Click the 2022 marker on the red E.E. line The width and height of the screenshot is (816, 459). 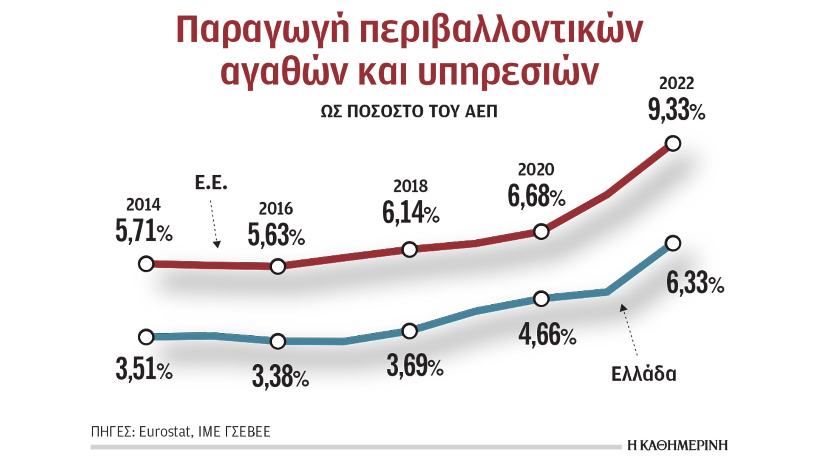click(673, 144)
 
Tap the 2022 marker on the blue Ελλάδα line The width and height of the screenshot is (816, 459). click(673, 244)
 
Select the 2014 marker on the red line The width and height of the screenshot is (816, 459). click(146, 264)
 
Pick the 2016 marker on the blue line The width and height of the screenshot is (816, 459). click(278, 341)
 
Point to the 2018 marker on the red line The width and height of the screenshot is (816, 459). click(409, 249)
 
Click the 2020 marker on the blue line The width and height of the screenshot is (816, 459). click(541, 299)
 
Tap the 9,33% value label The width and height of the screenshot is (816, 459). click(676, 110)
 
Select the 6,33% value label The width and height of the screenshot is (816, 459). click(695, 283)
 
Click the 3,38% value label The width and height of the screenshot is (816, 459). click(280, 377)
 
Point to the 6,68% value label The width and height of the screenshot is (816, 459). click(536, 196)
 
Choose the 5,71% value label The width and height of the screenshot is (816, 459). click(144, 231)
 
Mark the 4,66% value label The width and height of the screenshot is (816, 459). click(547, 335)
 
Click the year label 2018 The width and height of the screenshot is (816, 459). click(410, 186)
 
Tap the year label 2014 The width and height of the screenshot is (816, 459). click(143, 205)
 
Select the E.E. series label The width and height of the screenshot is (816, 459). click(211, 183)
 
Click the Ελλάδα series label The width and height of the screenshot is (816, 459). click(643, 374)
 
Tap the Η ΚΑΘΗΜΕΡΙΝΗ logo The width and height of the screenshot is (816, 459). click(677, 445)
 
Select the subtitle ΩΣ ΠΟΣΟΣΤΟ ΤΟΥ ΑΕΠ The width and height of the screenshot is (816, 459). click(409, 111)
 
